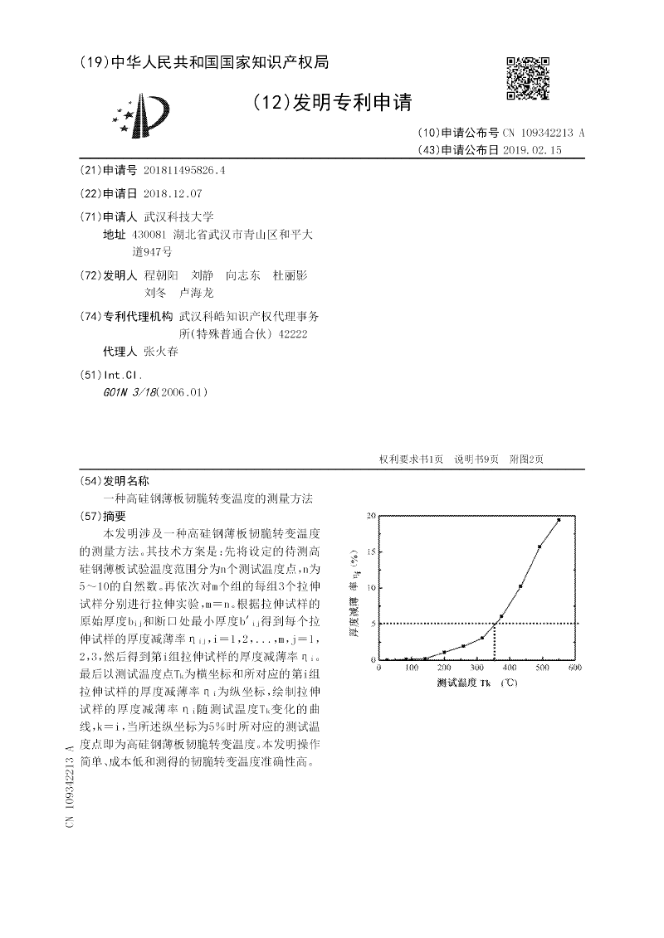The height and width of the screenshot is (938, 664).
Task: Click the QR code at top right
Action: tap(528, 78)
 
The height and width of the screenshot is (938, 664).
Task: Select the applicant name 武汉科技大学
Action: tap(178, 216)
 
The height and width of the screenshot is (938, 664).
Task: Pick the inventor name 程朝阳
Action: tap(160, 275)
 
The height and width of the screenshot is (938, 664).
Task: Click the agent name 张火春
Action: tap(160, 351)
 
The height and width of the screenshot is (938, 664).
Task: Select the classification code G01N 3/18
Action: tap(127, 391)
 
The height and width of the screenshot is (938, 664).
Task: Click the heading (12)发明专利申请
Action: tap(331, 103)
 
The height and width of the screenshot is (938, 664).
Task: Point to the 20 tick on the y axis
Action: tap(371, 516)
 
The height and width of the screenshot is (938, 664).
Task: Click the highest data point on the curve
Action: tap(559, 520)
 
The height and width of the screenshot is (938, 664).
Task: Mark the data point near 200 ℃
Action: tap(444, 652)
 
